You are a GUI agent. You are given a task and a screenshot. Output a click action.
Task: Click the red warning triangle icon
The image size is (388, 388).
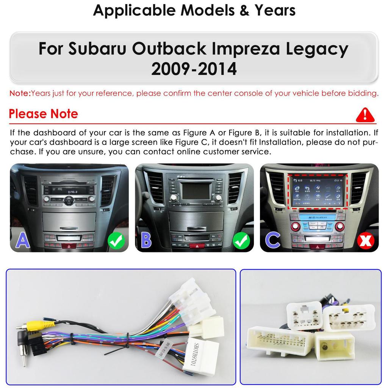[x=365, y=114]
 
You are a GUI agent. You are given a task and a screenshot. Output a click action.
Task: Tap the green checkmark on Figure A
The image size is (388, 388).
[x=116, y=241]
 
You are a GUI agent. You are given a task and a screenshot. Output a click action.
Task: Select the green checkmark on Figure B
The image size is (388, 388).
[x=241, y=241]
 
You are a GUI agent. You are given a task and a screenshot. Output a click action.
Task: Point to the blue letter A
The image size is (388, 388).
[x=22, y=240]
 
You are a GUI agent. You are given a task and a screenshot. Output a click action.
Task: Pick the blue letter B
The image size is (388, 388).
[x=146, y=240]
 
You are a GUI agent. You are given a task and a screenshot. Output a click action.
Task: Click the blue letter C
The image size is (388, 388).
[x=272, y=240]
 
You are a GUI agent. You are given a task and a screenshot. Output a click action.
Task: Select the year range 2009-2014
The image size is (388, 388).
[x=194, y=69]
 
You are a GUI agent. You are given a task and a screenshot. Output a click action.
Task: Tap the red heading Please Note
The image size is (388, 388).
[x=43, y=114]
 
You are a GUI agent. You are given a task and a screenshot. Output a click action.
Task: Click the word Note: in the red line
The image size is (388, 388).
[x=20, y=93]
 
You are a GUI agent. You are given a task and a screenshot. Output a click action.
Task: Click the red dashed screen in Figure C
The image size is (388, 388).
[x=317, y=191]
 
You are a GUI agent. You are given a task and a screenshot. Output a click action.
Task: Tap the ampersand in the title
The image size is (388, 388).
[x=245, y=10]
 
